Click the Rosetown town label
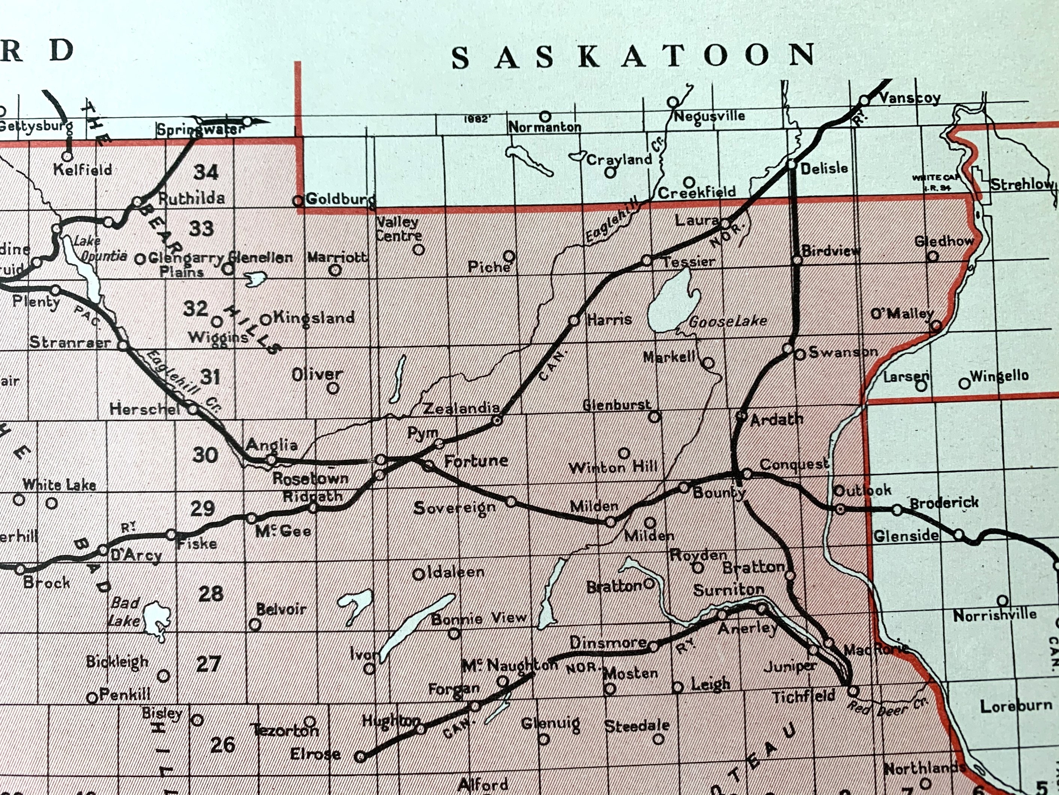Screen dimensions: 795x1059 click(310, 478)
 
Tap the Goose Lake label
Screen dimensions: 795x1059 click(728, 321)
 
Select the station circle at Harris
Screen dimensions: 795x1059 click(574, 320)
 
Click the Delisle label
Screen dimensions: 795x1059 click(824, 168)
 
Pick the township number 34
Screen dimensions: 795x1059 click(206, 172)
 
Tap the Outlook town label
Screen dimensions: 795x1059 click(862, 490)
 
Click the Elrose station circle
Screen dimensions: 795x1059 click(361, 757)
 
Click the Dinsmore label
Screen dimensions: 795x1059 click(608, 642)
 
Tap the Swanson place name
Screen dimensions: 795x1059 click(843, 352)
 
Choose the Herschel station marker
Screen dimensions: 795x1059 click(193, 409)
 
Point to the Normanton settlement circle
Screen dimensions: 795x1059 click(545, 116)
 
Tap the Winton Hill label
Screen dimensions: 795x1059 click(613, 467)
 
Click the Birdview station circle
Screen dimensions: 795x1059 click(797, 260)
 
